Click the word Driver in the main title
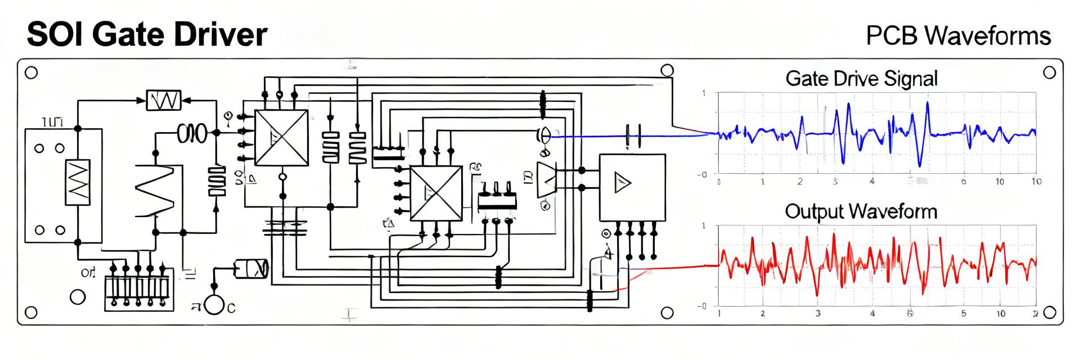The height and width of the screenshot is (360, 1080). pos(220,35)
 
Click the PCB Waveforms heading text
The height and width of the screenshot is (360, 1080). pos(958,36)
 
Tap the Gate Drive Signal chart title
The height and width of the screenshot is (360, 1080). pos(861,78)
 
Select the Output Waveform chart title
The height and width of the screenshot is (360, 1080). pos(861,211)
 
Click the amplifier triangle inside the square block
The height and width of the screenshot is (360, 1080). pos(622,183)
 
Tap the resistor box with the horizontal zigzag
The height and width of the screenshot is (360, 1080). pos(164,100)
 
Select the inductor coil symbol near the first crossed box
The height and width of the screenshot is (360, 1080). pos(191,133)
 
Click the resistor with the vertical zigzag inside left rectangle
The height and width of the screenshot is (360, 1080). pos(78,182)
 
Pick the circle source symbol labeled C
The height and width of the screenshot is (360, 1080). pos(214,305)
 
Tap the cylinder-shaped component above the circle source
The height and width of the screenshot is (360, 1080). pos(250,269)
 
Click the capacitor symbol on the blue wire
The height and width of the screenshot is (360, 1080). pos(633,136)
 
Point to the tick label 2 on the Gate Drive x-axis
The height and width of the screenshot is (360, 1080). pos(800,182)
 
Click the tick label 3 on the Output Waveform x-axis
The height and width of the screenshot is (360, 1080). pos(818,313)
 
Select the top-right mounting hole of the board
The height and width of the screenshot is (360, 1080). pos(1049,72)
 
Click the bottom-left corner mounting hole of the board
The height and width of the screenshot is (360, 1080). pos(31,312)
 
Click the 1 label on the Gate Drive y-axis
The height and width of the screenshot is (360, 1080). pos(704,93)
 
